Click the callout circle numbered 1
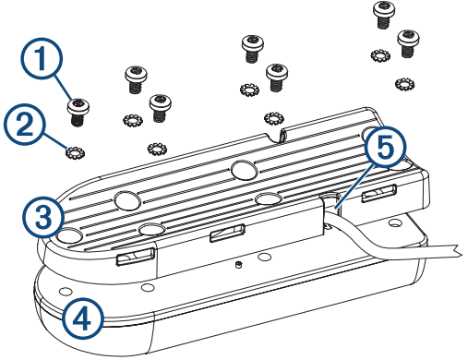[42, 58]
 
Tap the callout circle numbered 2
[25, 125]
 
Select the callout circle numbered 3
[43, 217]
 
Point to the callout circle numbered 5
[386, 146]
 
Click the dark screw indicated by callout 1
[78, 113]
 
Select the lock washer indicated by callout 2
[76, 152]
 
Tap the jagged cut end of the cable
[456, 250]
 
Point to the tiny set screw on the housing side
[238, 264]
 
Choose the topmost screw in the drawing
[384, 15]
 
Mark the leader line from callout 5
[354, 187]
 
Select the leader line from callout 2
[55, 140]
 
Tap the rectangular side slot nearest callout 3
[136, 256]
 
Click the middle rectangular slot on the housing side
[227, 233]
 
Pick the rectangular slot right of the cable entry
[378, 193]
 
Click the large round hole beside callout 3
[70, 236]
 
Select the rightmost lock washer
[404, 84]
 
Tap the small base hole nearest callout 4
[66, 291]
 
